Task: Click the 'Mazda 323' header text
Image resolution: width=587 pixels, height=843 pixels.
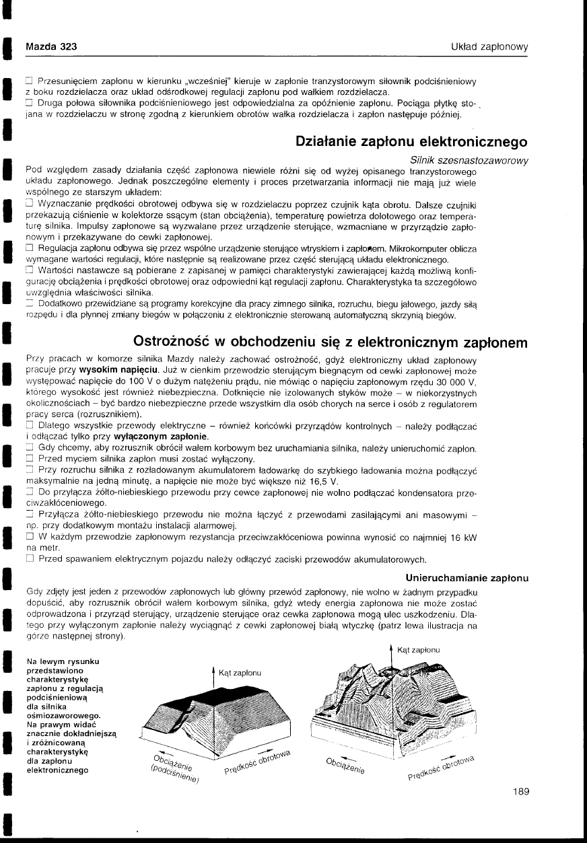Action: click(x=51, y=46)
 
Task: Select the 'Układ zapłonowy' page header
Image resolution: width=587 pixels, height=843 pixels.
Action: click(x=489, y=46)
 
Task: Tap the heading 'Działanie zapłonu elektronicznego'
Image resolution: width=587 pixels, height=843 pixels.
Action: click(x=411, y=143)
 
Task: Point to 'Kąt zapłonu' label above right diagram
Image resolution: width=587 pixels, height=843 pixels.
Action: click(x=419, y=650)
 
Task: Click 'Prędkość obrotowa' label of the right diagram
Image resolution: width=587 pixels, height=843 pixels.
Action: click(x=442, y=766)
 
